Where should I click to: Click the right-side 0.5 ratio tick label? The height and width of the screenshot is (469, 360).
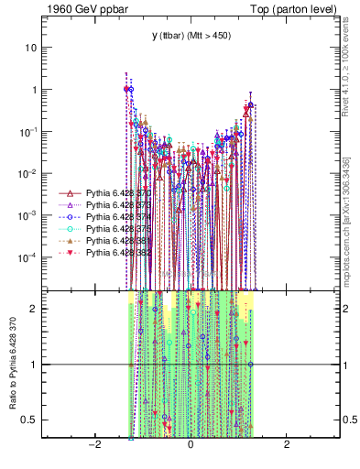(348, 420)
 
